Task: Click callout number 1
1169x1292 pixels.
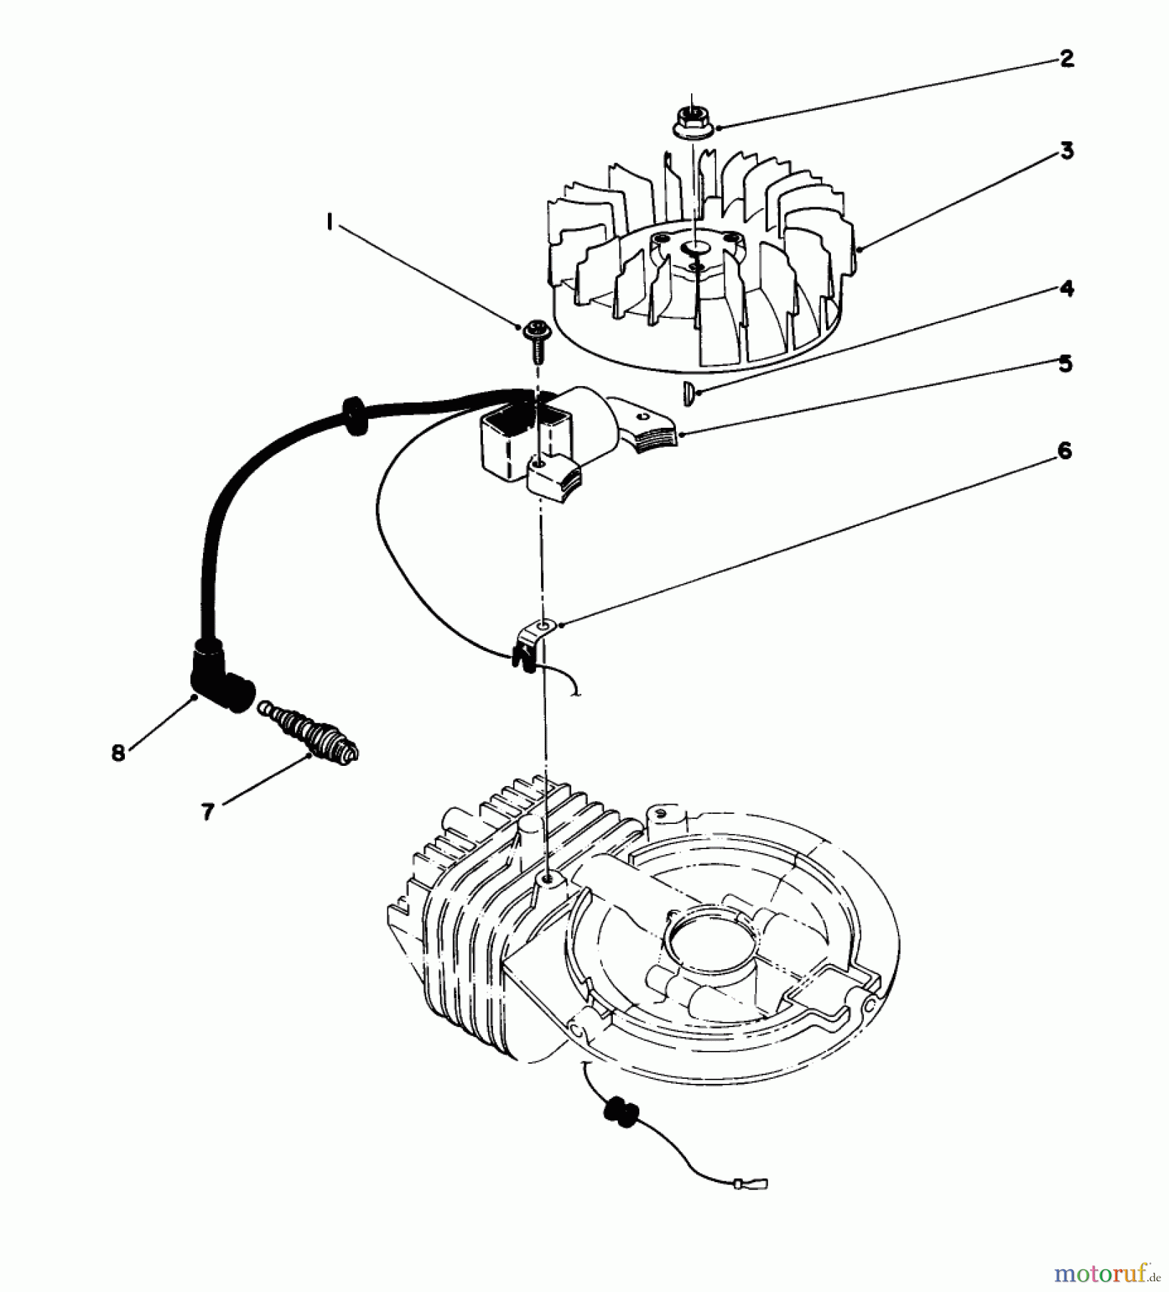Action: pos(329,225)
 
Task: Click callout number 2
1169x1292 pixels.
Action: pos(1066,59)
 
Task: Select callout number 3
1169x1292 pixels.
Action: pos(1066,151)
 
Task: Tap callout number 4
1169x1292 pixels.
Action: pos(1066,289)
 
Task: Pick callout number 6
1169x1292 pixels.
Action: pos(1064,451)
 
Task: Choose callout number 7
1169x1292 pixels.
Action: pos(207,812)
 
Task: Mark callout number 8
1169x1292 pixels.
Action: pos(118,752)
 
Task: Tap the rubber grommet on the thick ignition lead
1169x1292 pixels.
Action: pos(354,416)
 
